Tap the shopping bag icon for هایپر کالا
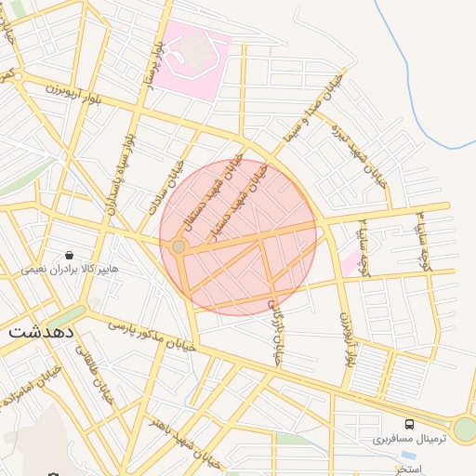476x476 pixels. point(69,255)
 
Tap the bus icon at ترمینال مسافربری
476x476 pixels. point(410,424)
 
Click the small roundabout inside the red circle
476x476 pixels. point(178,246)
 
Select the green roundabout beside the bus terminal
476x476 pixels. point(463,429)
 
